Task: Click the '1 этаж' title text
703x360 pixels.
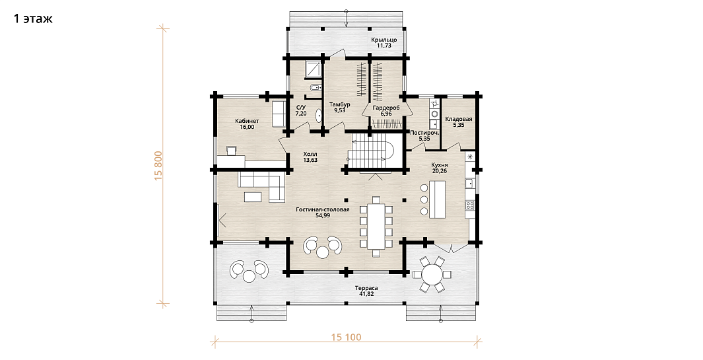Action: pos(33,18)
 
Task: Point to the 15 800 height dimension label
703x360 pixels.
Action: pos(158,166)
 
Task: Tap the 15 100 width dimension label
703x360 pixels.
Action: pos(346,337)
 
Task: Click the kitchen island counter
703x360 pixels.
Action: pos(437,199)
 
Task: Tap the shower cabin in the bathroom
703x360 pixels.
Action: pos(313,69)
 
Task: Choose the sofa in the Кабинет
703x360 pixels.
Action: pos(279,114)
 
